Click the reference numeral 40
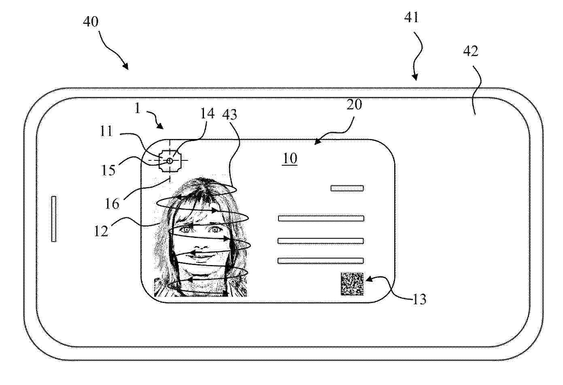[91, 21]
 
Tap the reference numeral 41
[412, 17]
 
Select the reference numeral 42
[471, 51]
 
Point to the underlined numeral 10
[290, 158]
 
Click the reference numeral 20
[354, 105]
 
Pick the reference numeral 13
[419, 299]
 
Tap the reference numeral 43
[229, 115]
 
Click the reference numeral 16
[112, 204]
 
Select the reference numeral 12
[101, 231]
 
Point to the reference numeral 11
[106, 131]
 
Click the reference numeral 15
[108, 170]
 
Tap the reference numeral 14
[207, 114]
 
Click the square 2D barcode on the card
[352, 284]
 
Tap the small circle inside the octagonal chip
[170, 160]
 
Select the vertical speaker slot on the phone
[54, 219]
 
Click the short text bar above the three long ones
[347, 188]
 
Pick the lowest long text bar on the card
[321, 261]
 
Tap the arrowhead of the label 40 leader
[125, 66]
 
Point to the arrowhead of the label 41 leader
[415, 77]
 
